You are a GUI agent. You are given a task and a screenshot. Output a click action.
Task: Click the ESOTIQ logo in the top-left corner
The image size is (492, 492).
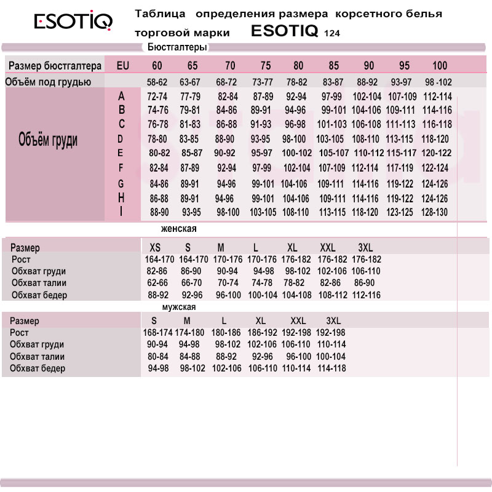pos(73,23)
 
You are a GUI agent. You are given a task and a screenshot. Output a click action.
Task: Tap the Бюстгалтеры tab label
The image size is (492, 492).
pos(178,47)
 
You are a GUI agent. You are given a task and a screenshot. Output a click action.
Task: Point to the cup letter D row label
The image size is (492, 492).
pos(121,138)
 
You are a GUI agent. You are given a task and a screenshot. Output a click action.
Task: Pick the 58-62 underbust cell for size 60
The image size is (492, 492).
pos(157,82)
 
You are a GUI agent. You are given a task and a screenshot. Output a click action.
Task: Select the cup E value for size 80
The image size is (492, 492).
pos(296,153)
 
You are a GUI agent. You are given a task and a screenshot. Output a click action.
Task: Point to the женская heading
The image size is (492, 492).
pos(178,229)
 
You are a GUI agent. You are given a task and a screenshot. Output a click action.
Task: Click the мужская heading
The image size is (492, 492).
pos(178,307)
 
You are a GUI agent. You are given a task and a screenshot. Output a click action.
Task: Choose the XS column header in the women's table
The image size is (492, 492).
pos(156,247)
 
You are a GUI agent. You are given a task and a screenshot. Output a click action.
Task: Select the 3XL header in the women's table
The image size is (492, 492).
pos(365,247)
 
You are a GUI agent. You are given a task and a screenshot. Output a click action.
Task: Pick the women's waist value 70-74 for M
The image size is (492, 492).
pos(228,283)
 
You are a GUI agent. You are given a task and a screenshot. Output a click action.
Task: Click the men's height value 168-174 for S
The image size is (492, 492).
pos(158,333)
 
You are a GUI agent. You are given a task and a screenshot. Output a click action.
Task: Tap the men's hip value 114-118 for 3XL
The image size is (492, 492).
pos(331,368)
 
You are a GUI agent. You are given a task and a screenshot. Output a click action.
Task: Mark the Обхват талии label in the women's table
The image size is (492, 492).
pos(39,283)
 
